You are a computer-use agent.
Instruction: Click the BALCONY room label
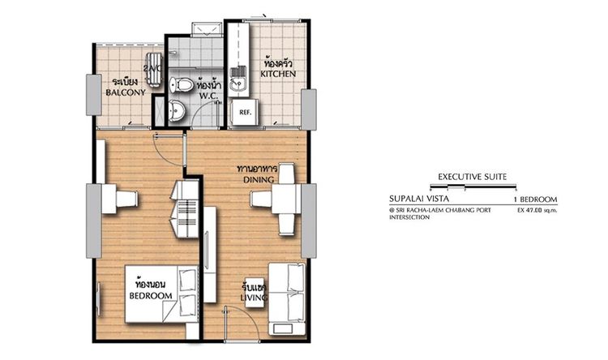point(126,92)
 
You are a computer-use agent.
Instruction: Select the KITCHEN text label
point(278,74)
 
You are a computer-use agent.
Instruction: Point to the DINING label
point(253,178)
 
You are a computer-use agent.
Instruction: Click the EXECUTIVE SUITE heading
point(472,176)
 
